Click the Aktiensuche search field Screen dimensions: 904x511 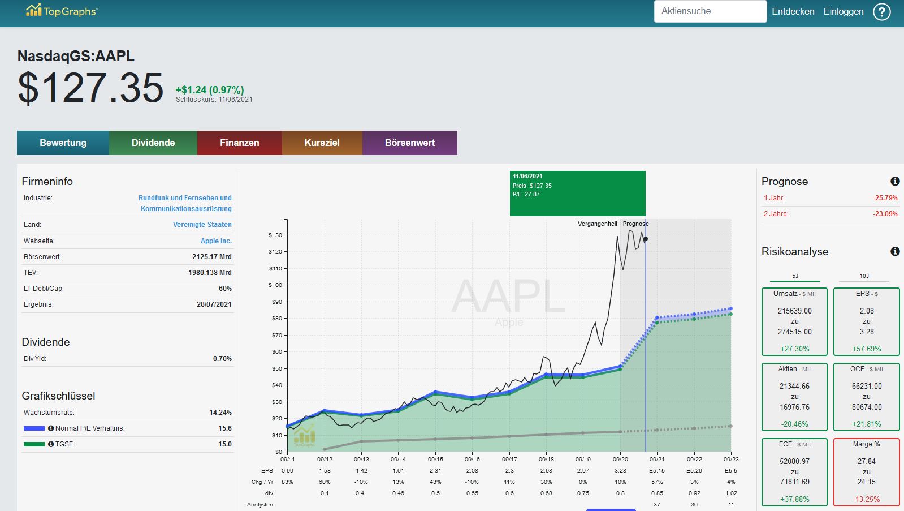point(710,11)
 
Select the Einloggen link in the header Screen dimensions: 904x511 point(844,12)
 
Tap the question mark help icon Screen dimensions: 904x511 point(882,12)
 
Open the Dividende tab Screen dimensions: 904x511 point(153,143)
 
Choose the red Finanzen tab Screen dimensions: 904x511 point(240,143)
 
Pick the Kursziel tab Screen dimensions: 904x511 point(322,143)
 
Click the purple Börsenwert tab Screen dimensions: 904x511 point(410,143)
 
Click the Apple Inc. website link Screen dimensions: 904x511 point(216,241)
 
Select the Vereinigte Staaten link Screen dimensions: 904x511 point(202,225)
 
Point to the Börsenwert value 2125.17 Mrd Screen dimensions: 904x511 point(212,256)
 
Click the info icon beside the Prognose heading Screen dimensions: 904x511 point(895,182)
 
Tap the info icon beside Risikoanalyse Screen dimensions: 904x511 point(895,251)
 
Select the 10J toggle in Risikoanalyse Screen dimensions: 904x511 point(864,276)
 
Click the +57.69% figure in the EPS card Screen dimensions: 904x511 point(867,349)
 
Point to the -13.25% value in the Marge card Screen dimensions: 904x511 point(867,499)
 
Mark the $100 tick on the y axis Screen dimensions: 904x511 point(276,285)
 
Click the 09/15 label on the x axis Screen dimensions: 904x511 point(435,460)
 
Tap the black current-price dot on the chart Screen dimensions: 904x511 point(645,239)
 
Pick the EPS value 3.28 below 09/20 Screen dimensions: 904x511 point(620,471)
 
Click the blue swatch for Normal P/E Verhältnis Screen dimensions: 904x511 point(34,428)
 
